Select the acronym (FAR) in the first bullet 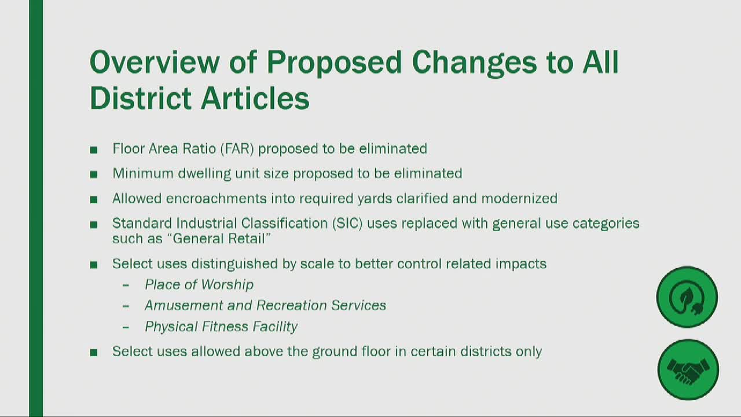point(237,149)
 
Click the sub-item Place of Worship point(199,284)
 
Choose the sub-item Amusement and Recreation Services point(265,305)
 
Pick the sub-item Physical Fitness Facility point(221,327)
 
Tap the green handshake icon point(688,370)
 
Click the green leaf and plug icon point(687,297)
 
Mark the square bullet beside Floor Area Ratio point(94,150)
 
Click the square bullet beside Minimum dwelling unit point(94,174)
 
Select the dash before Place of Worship point(126,285)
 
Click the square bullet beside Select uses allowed point(94,352)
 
